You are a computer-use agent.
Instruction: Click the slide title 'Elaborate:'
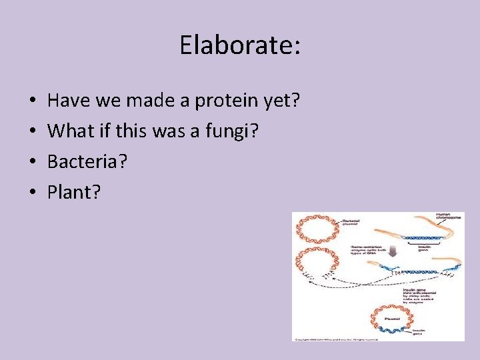point(240,45)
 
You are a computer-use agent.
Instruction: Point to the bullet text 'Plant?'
point(74,193)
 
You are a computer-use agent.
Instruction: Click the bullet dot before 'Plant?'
point(33,193)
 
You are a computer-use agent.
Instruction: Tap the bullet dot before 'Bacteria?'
point(33,163)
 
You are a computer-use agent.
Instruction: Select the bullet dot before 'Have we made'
point(33,102)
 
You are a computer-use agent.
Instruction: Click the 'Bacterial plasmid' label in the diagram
point(352,222)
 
